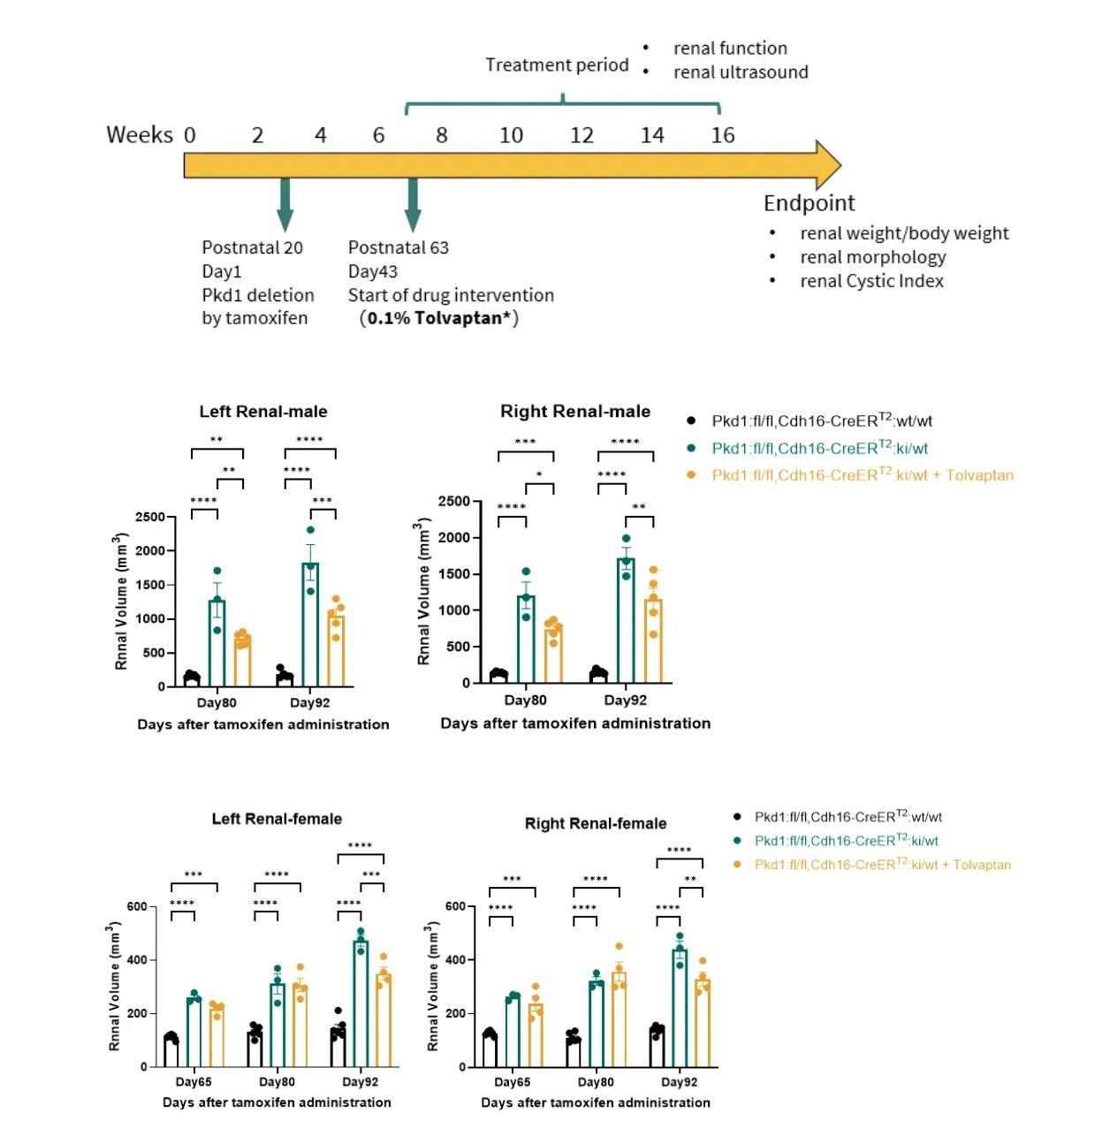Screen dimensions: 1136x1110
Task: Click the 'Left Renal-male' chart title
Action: (262, 412)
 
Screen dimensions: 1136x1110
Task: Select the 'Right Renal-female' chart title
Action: (595, 823)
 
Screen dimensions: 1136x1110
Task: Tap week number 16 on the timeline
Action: (722, 135)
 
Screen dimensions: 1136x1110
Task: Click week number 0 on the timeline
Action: (189, 135)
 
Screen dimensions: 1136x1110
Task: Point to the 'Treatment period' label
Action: (557, 65)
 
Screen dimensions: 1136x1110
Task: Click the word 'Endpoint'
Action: (809, 203)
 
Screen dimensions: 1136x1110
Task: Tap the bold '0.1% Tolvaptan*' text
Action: (439, 318)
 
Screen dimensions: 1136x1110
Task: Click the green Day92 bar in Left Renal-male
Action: (310, 627)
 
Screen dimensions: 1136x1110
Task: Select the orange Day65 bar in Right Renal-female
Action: (535, 1035)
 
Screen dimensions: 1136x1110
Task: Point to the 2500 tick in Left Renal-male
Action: (150, 517)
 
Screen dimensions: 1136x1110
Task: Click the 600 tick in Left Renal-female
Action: (137, 906)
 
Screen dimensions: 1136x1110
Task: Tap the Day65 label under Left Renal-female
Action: (194, 1082)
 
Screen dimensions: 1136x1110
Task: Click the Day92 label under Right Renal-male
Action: (625, 701)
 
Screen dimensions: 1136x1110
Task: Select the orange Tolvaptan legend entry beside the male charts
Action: (862, 475)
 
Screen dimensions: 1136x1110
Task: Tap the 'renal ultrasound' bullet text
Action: (741, 72)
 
